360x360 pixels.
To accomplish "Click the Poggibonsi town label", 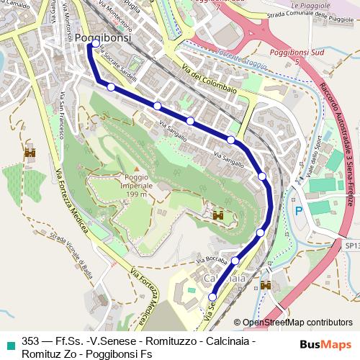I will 104,39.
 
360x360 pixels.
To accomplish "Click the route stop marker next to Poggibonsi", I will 95,44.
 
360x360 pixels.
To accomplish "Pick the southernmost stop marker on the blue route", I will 212,297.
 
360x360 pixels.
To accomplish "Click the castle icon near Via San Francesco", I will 30,153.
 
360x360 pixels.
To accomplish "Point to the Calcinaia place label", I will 221,278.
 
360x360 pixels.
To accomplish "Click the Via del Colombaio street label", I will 209,85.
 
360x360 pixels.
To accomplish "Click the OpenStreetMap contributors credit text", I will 297,323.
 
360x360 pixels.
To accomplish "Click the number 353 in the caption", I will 31,341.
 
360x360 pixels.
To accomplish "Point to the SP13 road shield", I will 351,246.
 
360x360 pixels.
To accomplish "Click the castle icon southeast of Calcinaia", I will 266,285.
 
